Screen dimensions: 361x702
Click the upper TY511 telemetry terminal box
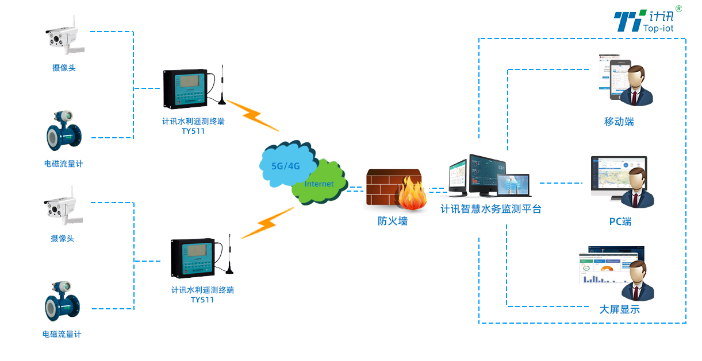click(185, 88)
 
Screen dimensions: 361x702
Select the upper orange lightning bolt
click(252, 115)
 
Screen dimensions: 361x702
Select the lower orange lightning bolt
click(267, 223)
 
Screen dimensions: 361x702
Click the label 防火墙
click(393, 221)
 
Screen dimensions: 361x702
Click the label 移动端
click(619, 122)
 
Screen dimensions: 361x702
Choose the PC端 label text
click(620, 222)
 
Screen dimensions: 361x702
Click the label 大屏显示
click(619, 310)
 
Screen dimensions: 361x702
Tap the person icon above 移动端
click(638, 86)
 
